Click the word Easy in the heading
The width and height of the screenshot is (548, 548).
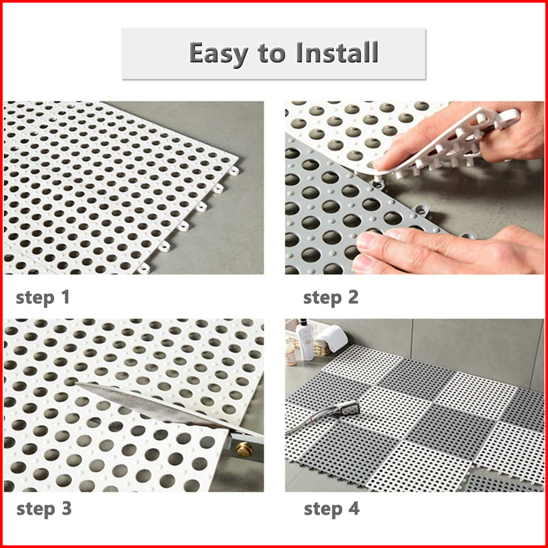(x=218, y=53)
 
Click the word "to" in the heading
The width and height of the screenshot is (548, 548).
(x=271, y=53)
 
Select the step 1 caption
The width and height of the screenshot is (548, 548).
(x=42, y=298)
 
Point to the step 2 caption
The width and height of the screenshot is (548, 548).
(x=331, y=298)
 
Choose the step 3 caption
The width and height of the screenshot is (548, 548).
(x=44, y=509)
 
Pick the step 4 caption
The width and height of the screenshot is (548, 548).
(x=332, y=509)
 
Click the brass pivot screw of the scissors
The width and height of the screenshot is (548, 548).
(x=244, y=449)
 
